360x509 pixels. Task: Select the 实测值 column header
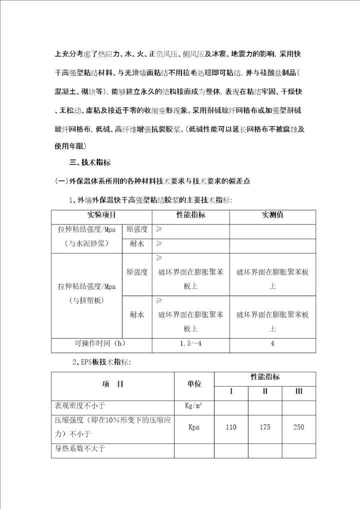click(x=272, y=215)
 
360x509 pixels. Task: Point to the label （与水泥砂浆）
click(x=86, y=244)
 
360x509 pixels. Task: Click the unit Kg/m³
click(x=194, y=406)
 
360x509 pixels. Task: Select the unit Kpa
click(x=194, y=427)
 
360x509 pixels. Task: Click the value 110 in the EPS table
click(x=231, y=427)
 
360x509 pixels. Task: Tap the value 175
click(x=265, y=427)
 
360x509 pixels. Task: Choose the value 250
click(x=298, y=427)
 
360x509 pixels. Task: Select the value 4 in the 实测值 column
click(x=272, y=343)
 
